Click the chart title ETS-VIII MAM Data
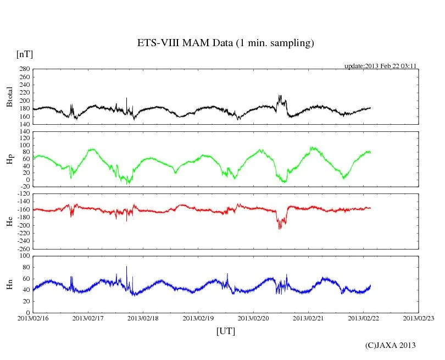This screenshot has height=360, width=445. coord(225,43)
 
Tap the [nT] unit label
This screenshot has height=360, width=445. coord(24,54)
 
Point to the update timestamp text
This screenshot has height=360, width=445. coord(381,65)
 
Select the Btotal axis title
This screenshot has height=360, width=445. coord(9,97)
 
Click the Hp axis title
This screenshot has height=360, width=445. coord(9,159)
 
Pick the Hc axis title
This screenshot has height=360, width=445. coord(9,221)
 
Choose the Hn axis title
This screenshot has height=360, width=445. coord(9,284)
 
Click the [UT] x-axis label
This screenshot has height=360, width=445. coord(225,331)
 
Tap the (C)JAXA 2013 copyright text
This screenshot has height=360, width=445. coord(390,345)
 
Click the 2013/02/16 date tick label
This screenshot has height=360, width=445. coord(33,318)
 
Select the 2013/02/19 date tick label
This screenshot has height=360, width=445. coord(198,318)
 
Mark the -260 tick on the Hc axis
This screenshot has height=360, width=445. coord(23,248)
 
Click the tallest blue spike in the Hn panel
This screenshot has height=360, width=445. coord(126,267)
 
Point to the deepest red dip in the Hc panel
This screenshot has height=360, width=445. coord(279,228)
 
